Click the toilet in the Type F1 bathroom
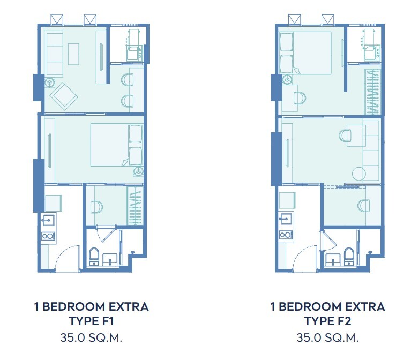click(94, 256)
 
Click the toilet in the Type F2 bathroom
click(349, 256)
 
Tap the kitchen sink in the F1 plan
click(48, 220)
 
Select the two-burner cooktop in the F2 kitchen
click(286, 235)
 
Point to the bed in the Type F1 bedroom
click(117, 145)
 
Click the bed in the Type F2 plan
click(304, 53)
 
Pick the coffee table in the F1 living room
click(73, 54)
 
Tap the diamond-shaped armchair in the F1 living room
click(64, 96)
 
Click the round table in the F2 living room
click(359, 174)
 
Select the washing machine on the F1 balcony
click(135, 54)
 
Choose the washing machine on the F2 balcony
click(372, 53)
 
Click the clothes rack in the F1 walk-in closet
click(135, 206)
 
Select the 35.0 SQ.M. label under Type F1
click(91, 338)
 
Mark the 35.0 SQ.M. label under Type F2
click(327, 338)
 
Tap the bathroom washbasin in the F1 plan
click(110, 260)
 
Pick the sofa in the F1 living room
click(55, 54)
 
